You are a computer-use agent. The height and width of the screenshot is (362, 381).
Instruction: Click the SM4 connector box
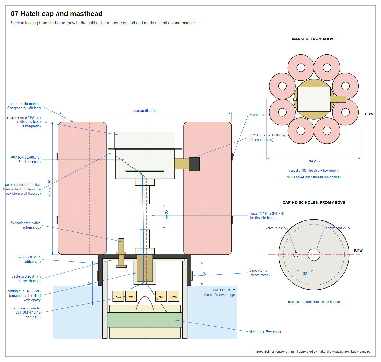tap(118, 296)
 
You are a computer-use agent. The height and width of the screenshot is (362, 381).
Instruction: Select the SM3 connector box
tap(131, 296)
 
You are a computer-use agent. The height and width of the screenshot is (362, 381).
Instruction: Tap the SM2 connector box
tap(161, 296)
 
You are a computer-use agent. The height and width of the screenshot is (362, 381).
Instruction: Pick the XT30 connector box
tap(173, 296)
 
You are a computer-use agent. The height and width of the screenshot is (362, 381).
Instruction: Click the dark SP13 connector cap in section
tap(194, 164)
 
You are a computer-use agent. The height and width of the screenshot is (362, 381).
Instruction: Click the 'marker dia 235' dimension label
tap(145, 110)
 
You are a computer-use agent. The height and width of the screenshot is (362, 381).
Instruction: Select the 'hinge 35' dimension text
tap(166, 217)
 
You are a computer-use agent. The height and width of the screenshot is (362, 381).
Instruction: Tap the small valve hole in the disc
tap(296, 254)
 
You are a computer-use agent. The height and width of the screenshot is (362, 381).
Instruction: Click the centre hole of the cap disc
tap(314, 254)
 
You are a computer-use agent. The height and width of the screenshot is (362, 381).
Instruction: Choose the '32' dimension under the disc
tap(305, 274)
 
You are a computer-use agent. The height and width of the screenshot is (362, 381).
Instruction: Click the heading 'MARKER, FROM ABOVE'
tap(314, 39)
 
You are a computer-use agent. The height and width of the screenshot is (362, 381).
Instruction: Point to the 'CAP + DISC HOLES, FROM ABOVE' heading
tap(314, 202)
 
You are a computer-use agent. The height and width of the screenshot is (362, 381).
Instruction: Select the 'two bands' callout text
tap(257, 114)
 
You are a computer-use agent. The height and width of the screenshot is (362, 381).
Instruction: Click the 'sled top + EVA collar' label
tap(265, 332)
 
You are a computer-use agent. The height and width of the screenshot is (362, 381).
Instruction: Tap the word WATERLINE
tap(222, 290)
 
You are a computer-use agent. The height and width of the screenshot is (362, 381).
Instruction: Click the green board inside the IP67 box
tap(145, 171)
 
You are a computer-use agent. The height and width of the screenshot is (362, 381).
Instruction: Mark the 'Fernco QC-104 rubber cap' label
tap(28, 259)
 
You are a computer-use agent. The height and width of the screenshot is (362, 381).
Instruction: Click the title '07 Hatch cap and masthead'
tap(57, 14)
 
